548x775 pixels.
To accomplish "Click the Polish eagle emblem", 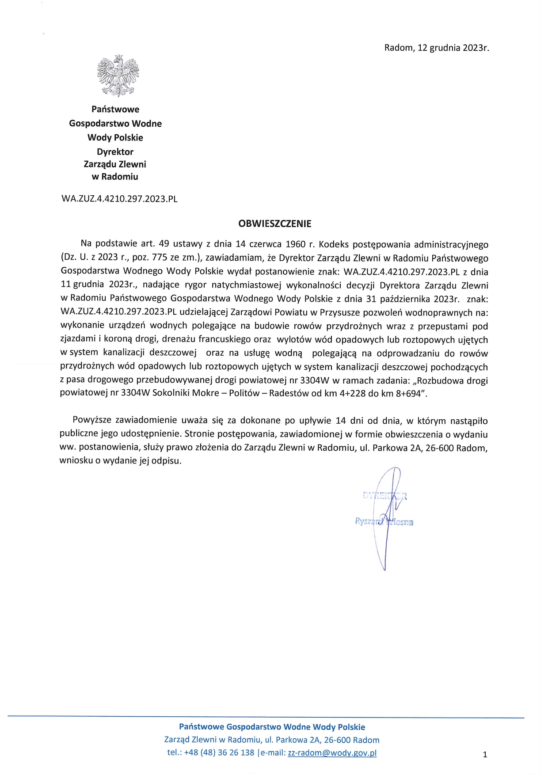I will pos(118,76).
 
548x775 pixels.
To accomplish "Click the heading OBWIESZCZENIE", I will pos(274,224).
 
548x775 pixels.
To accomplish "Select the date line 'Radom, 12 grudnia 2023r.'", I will pos(437,48).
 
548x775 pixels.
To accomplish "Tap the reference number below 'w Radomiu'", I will pos(119,199).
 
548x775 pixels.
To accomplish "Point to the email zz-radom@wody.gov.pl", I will pos(332,753).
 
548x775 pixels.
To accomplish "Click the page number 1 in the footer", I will pos(485,755).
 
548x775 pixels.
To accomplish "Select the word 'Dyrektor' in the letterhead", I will pos(115,152).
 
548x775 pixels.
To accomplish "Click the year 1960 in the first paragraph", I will pos(295,244).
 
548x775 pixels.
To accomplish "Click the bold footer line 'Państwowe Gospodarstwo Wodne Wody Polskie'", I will pos(272,727).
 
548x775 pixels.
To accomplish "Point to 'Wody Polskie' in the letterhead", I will pos(115,137).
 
